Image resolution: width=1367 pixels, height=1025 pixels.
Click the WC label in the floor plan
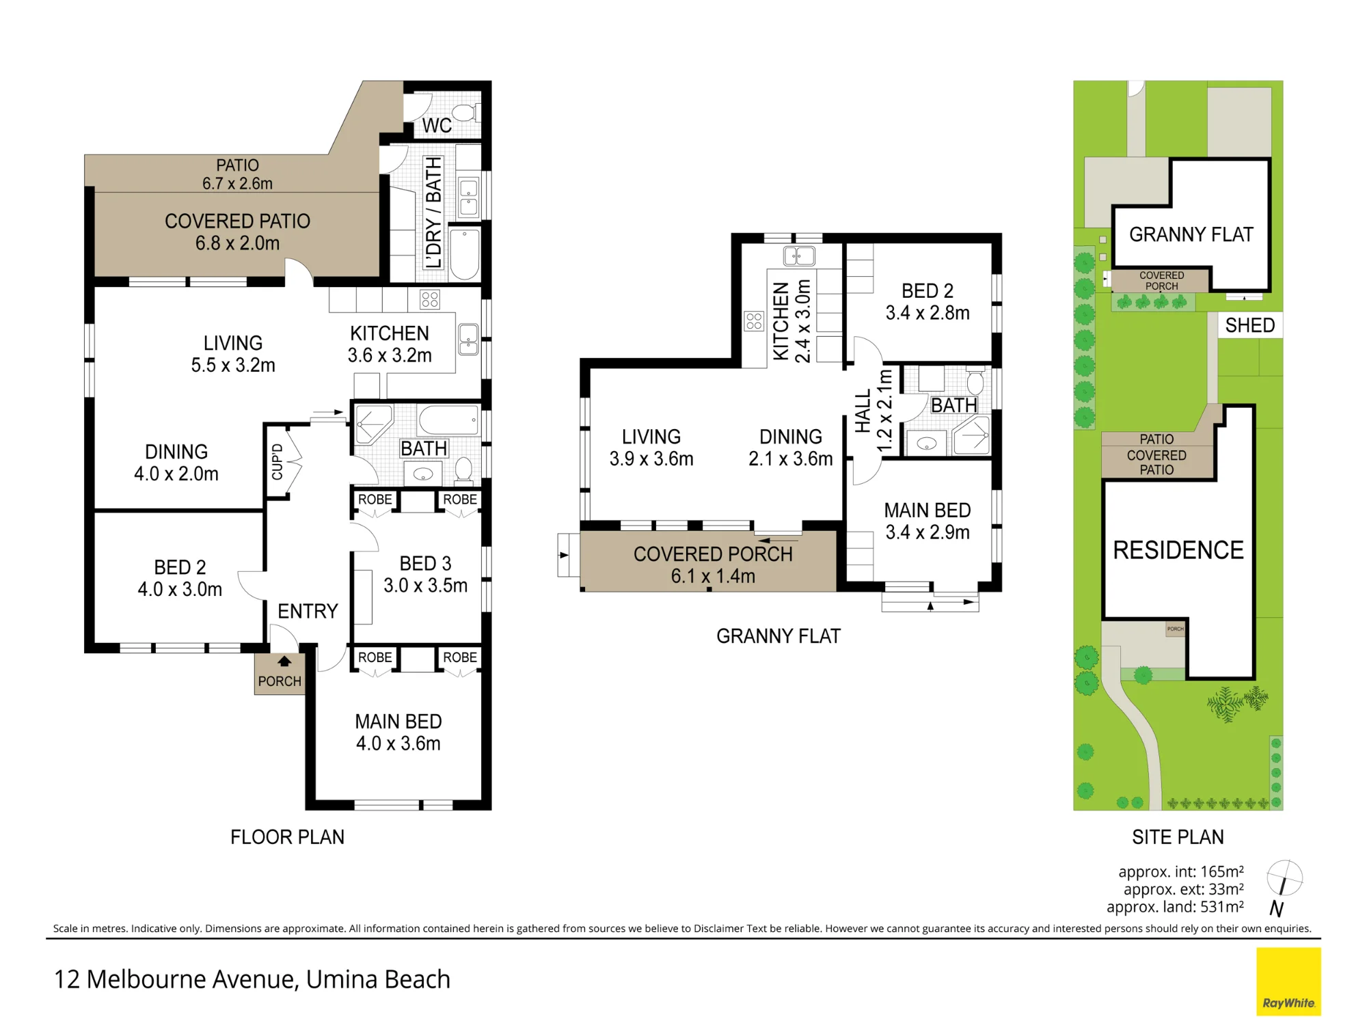click(x=437, y=126)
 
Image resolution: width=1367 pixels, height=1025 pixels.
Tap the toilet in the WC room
click(x=466, y=113)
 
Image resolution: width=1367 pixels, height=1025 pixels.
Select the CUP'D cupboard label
click(x=278, y=462)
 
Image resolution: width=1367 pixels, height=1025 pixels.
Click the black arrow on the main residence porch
click(x=284, y=661)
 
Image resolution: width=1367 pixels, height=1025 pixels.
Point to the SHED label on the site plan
click(x=1249, y=325)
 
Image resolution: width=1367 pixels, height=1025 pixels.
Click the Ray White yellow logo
click(x=1288, y=981)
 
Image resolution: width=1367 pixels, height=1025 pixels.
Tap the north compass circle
click(x=1284, y=878)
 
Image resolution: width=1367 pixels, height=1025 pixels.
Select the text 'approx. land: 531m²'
click(x=1175, y=907)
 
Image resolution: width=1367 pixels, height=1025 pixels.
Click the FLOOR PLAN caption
click(x=287, y=837)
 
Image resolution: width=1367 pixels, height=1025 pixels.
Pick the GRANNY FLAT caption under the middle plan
click(x=779, y=636)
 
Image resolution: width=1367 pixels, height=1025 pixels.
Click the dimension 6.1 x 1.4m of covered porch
click(x=713, y=576)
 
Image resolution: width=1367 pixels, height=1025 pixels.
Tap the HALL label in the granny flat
click(x=863, y=411)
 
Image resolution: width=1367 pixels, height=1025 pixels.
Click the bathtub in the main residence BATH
click(x=448, y=420)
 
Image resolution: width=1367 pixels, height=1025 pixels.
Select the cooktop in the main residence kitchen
click(x=430, y=299)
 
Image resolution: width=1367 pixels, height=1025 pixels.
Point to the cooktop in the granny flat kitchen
click(x=754, y=321)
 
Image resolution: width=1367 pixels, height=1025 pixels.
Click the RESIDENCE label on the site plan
click(x=1178, y=550)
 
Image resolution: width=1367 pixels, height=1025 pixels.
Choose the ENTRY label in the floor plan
click(x=308, y=611)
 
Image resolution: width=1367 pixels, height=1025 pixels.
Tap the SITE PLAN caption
click(x=1178, y=837)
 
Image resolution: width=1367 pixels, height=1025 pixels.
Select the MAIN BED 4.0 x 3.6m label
click(x=398, y=733)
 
